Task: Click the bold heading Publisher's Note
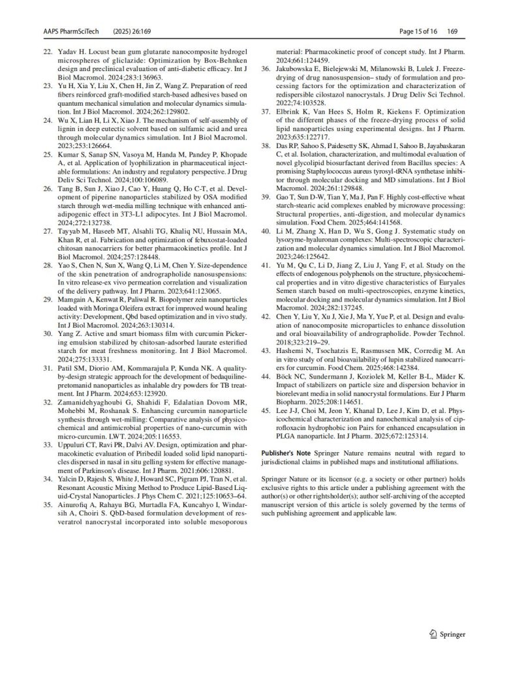click(284, 452)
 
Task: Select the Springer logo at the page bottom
click(447, 633)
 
